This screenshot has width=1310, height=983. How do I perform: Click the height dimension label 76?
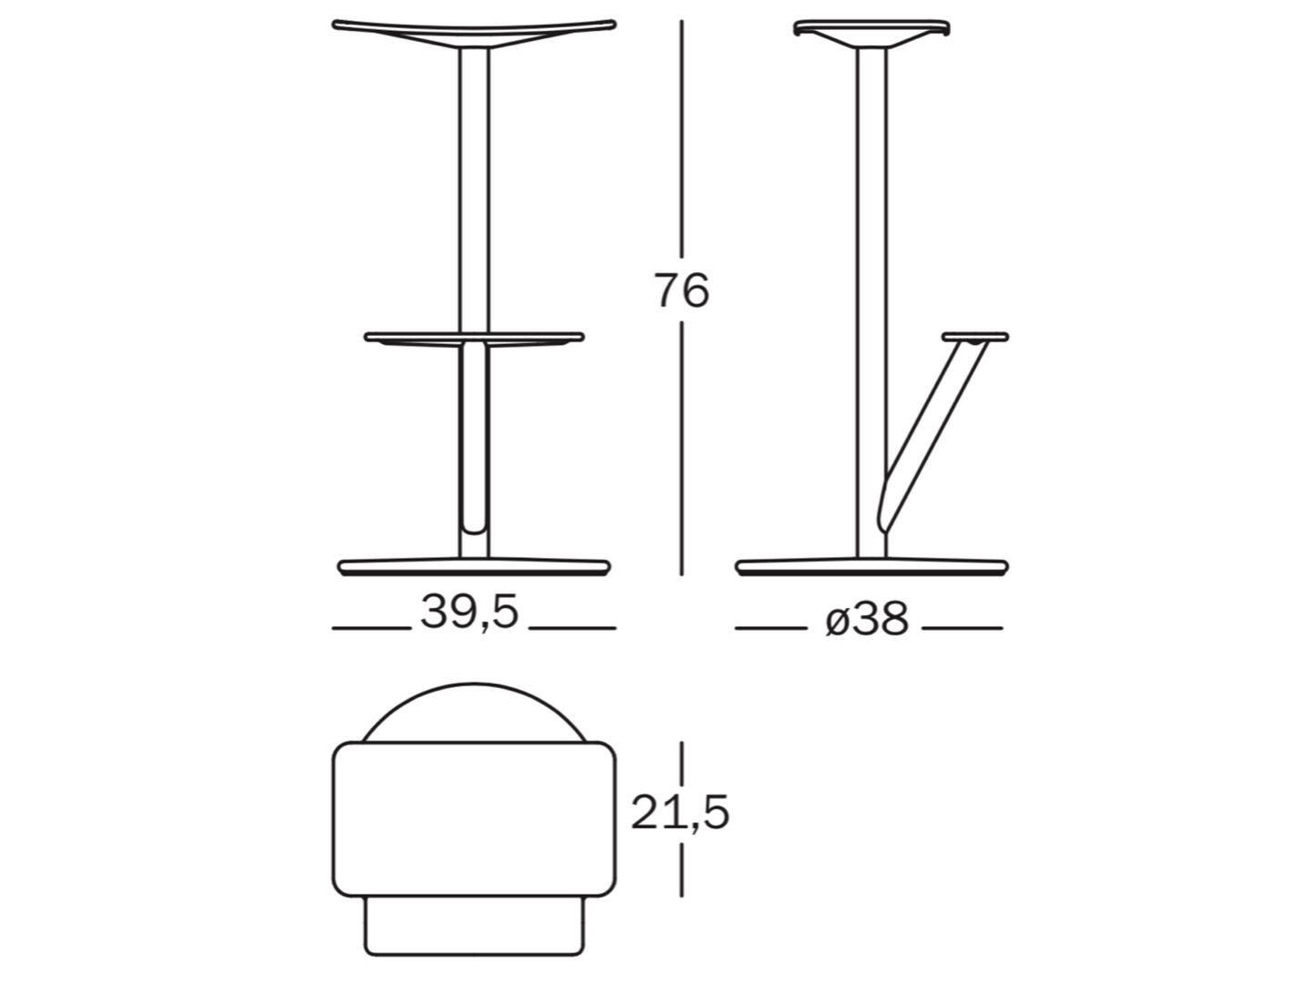[x=681, y=290]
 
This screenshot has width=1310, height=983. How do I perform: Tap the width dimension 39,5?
[x=469, y=613]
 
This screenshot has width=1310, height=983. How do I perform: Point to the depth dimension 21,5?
[x=680, y=812]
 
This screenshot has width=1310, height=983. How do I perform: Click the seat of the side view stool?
[x=872, y=31]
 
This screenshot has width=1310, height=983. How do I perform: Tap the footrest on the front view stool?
[x=475, y=339]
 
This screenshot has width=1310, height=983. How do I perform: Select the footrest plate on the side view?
[x=975, y=337]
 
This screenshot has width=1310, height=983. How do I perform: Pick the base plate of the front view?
[x=475, y=566]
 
